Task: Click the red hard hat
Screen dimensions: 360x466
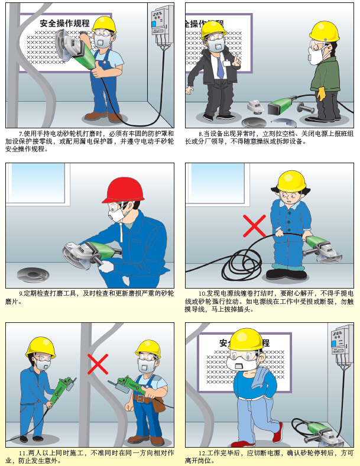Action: (x=123, y=190)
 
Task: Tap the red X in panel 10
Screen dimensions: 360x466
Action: (x=254, y=226)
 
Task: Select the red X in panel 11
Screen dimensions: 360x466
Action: (x=98, y=364)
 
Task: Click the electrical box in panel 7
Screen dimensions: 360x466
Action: (x=162, y=25)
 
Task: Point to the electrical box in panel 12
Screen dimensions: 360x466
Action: (x=342, y=345)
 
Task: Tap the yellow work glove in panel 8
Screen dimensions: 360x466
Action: (x=321, y=94)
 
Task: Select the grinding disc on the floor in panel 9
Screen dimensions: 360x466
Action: (x=33, y=274)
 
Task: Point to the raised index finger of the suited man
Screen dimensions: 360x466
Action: (x=236, y=58)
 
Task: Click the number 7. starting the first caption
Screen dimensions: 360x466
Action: (x=21, y=134)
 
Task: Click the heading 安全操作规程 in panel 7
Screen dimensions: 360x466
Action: (x=65, y=23)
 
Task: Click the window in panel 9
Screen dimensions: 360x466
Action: (x=37, y=185)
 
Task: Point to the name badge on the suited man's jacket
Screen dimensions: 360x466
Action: (x=226, y=63)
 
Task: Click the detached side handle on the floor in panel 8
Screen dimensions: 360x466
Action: (x=305, y=108)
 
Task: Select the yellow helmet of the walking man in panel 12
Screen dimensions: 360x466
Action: (x=247, y=339)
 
